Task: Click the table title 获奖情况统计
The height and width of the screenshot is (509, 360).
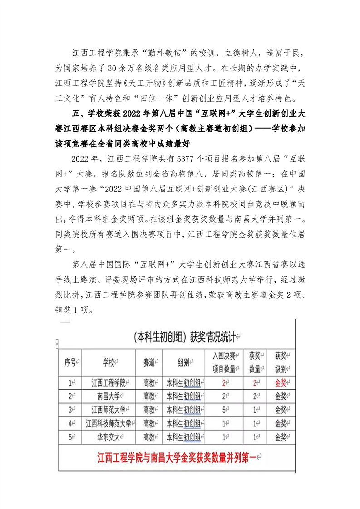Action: coord(215,337)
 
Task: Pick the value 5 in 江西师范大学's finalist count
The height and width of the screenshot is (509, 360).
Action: coord(224,410)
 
